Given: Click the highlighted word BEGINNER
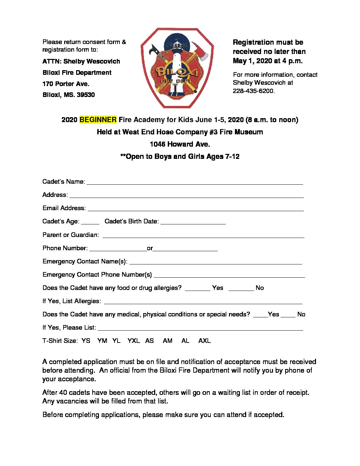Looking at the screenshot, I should (98, 120).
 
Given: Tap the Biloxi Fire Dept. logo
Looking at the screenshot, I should (177, 68).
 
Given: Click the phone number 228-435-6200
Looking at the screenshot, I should (253, 91).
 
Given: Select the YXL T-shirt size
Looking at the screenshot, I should (133, 341).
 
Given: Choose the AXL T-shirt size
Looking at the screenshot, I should (204, 341).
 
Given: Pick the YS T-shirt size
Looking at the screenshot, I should (86, 341).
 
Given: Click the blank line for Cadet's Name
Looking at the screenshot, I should (195, 182).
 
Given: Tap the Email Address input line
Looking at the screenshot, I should (195, 209).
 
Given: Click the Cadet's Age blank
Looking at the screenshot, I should (90, 222).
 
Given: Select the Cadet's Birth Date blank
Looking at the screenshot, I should (193, 222).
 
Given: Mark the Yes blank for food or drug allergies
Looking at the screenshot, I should (198, 288).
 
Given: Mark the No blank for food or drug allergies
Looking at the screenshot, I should (241, 288).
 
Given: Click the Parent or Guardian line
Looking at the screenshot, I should (203, 235).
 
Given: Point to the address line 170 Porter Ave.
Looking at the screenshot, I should (66, 84).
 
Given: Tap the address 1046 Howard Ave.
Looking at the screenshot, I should (180, 144).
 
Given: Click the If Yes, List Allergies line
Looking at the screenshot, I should (203, 302).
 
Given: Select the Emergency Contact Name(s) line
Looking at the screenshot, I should (215, 262).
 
